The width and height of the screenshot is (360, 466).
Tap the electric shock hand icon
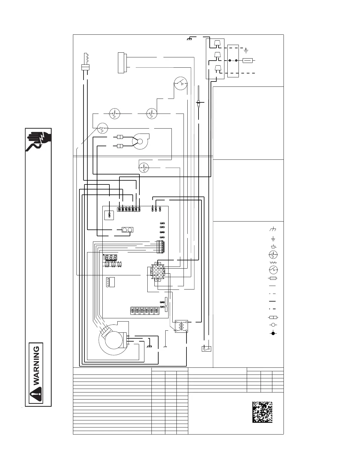(x=39, y=140)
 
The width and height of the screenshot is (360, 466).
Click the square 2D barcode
(x=262, y=412)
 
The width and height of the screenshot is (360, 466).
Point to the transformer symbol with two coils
(x=181, y=326)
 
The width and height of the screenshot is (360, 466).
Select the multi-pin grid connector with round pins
(x=156, y=272)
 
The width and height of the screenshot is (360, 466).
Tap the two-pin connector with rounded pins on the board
(x=127, y=230)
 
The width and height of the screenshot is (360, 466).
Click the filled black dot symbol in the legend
(x=273, y=333)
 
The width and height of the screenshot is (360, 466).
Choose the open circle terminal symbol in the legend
(x=273, y=325)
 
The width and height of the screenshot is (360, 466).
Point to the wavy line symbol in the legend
(x=273, y=262)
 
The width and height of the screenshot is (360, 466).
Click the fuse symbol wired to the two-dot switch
(x=247, y=60)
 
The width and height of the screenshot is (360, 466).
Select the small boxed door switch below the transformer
(x=206, y=349)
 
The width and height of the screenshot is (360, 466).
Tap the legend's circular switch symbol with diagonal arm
(x=273, y=269)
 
